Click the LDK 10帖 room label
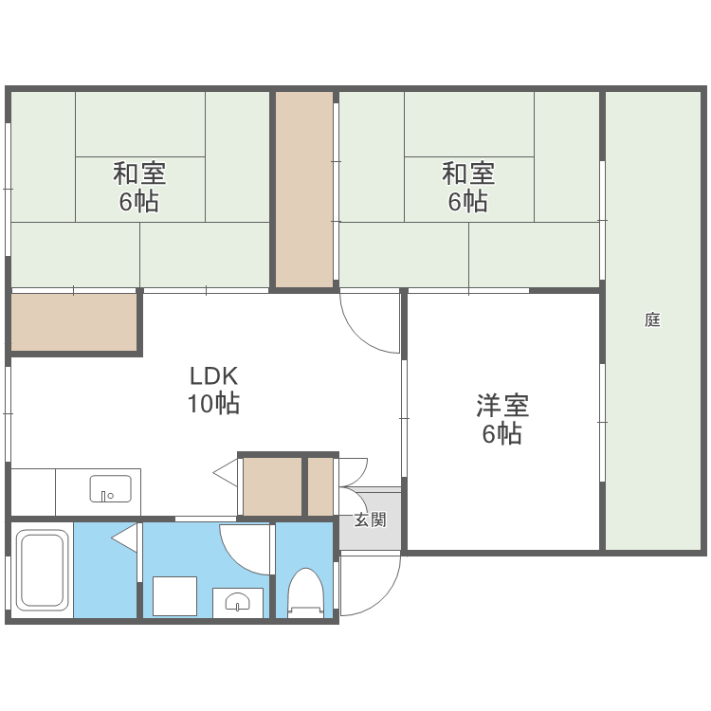pyautogui.click(x=213, y=390)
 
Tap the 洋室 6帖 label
pyautogui.click(x=502, y=419)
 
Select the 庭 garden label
pyautogui.click(x=652, y=319)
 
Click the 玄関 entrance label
pyautogui.click(x=370, y=520)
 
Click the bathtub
pyautogui.click(x=42, y=570)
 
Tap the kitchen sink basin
pyautogui.click(x=111, y=488)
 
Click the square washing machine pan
pyautogui.click(x=174, y=596)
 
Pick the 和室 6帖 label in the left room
pyautogui.click(x=139, y=187)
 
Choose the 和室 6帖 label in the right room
pyautogui.click(x=468, y=187)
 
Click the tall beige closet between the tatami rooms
pyautogui.click(x=304, y=190)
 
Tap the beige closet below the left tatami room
pyautogui.click(x=74, y=322)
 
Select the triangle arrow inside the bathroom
pyautogui.click(x=124, y=538)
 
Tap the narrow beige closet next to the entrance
pyautogui.click(x=320, y=486)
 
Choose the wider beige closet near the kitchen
pyautogui.click(x=272, y=486)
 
